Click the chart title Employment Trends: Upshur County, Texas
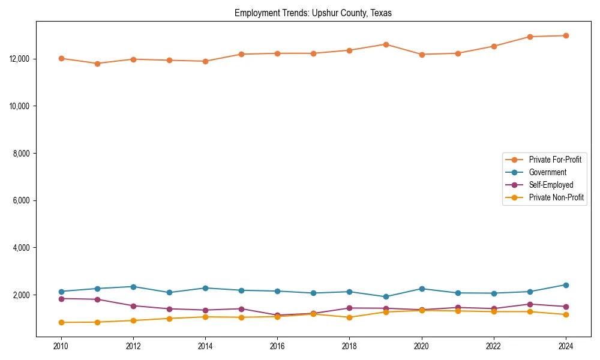point(313,13)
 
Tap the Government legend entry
point(547,172)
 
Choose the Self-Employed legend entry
point(551,185)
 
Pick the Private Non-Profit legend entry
point(556,197)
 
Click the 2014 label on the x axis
point(205,346)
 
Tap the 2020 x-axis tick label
point(421,346)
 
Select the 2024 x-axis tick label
point(566,346)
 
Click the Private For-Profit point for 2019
point(386,44)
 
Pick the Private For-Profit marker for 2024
point(566,35)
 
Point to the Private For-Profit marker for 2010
point(61,58)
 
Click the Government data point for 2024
point(566,285)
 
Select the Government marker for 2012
point(133,287)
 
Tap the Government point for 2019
point(386,296)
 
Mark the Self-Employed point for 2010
point(61,298)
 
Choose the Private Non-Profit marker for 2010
point(61,322)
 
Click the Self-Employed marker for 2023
point(530,304)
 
